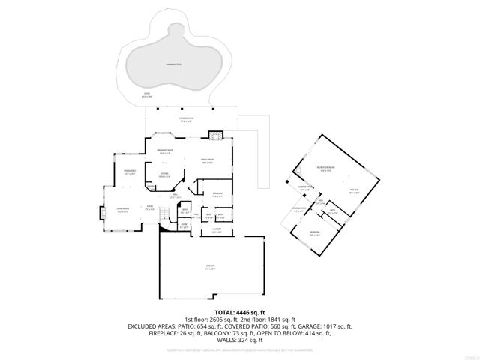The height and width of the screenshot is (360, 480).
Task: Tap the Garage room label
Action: coord(210,267)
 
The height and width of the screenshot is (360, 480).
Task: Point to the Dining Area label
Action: coord(128,172)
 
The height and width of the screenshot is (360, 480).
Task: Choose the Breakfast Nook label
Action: coord(165,152)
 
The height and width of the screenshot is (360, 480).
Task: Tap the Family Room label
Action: coord(208,160)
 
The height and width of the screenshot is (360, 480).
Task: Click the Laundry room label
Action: coord(216,231)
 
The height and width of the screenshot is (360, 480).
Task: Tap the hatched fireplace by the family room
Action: coord(215,136)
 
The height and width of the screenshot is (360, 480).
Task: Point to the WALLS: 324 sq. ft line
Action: coord(240,341)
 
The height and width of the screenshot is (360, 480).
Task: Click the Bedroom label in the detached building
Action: coord(314,234)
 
